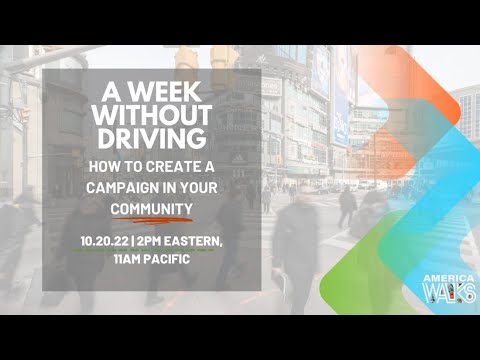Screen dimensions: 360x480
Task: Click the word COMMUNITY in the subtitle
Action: point(151,208)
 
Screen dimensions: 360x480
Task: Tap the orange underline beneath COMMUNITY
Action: point(151,221)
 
